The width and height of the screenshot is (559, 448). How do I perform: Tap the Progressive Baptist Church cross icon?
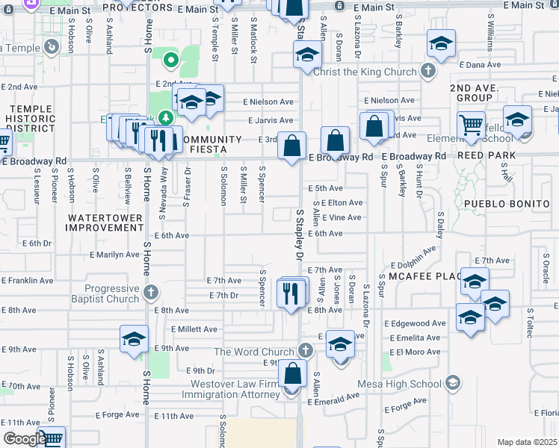pos(150,291)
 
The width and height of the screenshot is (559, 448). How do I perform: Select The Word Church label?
pos(255,352)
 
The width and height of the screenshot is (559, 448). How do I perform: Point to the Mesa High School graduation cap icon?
pos(452,384)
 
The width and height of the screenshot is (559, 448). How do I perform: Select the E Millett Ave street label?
pos(194,329)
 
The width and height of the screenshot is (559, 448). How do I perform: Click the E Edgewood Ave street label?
pos(416,323)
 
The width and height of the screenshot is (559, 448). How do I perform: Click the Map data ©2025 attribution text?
pos(527,442)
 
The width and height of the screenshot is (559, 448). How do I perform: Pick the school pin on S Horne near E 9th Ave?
pos(134,339)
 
